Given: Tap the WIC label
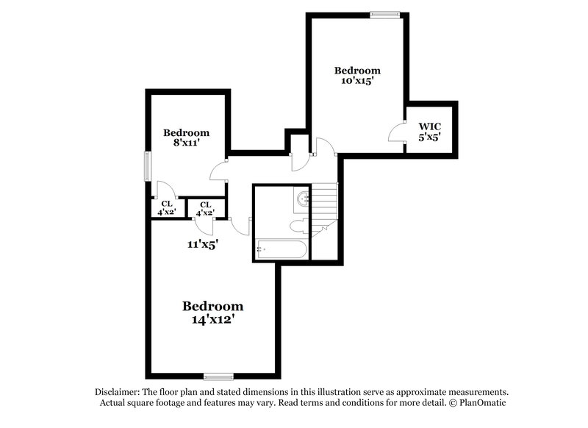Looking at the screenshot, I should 429,126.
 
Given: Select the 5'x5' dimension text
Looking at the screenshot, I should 429,137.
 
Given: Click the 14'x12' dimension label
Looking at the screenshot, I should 212,320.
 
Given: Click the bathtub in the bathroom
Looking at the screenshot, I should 281,249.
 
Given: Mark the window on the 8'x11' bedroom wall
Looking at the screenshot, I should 147,165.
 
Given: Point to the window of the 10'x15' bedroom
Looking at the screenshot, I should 384,13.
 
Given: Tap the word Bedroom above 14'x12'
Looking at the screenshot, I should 212,306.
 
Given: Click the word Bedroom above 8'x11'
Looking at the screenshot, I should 186,132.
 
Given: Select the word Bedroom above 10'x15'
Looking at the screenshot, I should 358,71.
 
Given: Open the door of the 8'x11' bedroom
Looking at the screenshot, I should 219,171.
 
